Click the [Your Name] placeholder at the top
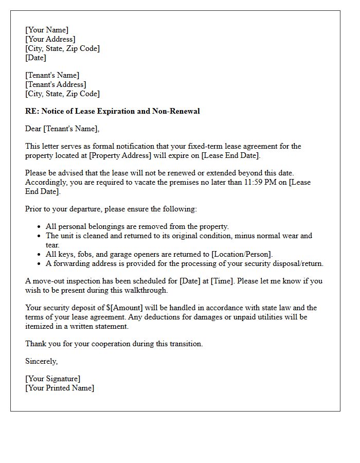coord(47,30)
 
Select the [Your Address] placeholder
coord(50,40)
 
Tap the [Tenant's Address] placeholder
coord(56,84)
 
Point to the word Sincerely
coord(42,362)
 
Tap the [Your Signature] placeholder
coord(53,379)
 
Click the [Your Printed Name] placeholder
coord(60,388)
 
